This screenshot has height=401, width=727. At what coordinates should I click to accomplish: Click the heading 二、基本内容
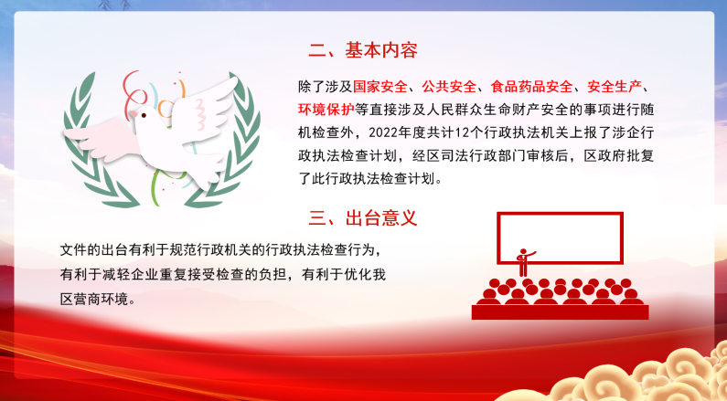pos(363,50)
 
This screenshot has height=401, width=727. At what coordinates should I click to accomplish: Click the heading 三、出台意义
pos(363,218)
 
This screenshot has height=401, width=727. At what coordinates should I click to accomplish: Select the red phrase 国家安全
pos(380,86)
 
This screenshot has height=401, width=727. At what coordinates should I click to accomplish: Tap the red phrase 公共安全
pos(449,86)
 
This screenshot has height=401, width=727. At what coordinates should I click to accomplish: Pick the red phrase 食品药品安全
pos(531,86)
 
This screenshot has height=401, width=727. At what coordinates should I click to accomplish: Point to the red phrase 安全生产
pos(615,86)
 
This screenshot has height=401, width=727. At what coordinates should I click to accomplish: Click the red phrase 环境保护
pos(326,110)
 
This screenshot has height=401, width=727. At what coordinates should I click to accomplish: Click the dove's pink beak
pos(134,114)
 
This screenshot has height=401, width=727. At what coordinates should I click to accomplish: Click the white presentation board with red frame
pos(560,238)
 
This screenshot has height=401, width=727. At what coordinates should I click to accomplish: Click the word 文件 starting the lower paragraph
pos(74,250)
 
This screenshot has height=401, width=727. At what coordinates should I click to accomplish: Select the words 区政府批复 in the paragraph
pos(618,155)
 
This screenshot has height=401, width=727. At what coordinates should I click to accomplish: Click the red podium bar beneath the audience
pos(560,312)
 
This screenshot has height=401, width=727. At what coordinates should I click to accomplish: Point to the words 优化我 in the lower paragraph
pos(365,275)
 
